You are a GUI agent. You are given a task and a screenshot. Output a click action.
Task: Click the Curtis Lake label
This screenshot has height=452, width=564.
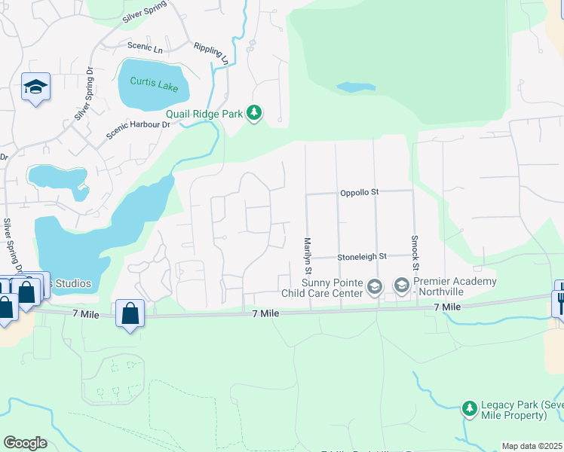point(154,84)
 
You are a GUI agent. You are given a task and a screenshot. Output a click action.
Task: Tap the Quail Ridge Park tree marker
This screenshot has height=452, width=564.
point(255,114)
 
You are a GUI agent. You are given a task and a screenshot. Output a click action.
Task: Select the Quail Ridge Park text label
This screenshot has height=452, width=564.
point(204,114)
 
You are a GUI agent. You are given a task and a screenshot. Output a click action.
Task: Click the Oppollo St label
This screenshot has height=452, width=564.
point(359,192)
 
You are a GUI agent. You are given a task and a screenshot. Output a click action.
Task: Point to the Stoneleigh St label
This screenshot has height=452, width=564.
point(361,256)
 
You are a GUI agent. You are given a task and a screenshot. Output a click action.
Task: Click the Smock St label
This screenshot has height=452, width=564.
point(415,252)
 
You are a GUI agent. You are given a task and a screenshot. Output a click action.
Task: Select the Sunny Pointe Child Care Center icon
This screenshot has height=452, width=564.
point(375,286)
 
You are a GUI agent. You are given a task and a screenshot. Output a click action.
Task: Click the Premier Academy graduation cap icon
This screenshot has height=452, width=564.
point(401,286)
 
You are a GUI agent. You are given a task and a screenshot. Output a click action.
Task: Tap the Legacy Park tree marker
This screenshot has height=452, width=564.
point(470,409)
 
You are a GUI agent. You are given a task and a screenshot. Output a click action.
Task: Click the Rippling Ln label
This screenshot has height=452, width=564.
point(210,52)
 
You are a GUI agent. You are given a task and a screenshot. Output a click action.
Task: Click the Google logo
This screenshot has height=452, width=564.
point(25,443)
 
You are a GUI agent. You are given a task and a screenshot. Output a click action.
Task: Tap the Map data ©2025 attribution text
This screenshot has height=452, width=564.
point(532,446)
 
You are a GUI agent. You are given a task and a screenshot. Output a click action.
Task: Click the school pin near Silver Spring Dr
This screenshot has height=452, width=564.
point(35,87)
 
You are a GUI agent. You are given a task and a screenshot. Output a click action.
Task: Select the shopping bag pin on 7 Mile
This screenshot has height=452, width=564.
point(130,313)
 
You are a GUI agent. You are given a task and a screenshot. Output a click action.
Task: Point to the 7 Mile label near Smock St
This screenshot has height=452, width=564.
point(447,307)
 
